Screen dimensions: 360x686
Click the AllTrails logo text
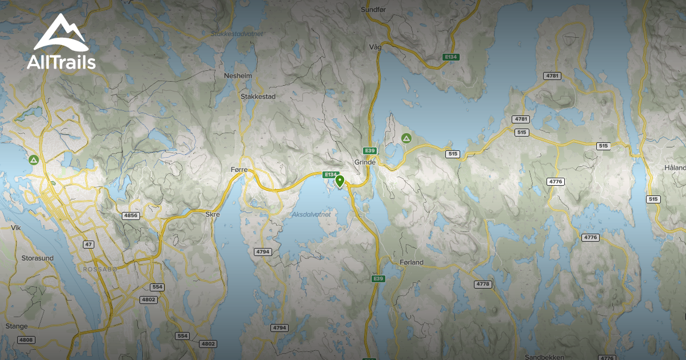pos(61,62)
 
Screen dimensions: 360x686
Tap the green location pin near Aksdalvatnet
pos(340,182)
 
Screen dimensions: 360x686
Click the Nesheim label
pos(238,76)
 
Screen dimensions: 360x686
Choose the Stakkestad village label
pos(258,97)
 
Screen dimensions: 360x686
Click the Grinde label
pos(365,162)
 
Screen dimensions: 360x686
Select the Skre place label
pos(212,214)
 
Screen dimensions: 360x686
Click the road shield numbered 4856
pos(131,215)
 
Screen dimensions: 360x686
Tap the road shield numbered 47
pos(88,245)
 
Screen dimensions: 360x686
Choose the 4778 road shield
pos(483,284)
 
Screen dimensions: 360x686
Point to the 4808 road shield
pos(26,340)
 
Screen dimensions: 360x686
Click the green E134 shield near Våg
pos(451,57)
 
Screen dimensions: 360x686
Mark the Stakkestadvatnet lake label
pos(237,34)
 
